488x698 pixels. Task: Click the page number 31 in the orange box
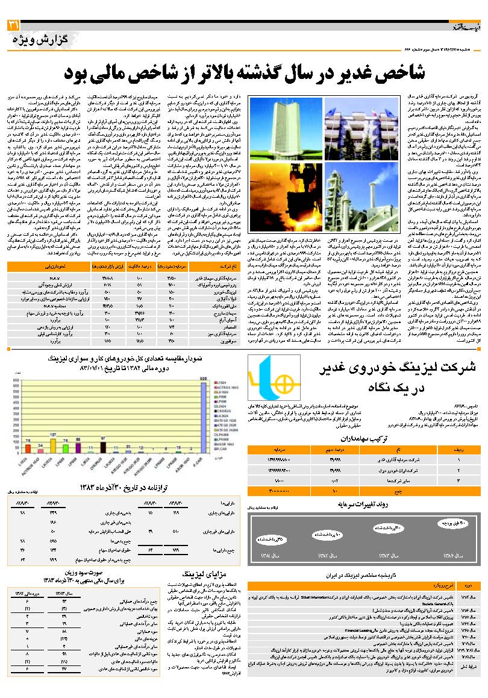(13, 25)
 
